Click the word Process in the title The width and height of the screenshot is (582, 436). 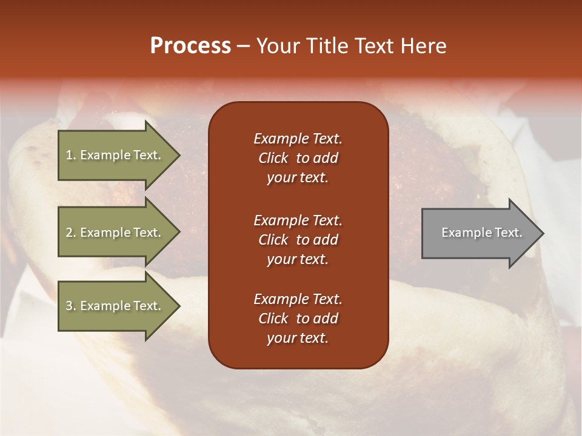pos(190,46)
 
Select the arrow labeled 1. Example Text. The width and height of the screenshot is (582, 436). pos(115,156)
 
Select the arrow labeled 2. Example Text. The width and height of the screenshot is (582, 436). pos(115,233)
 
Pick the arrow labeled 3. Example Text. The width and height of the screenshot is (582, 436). pos(115,306)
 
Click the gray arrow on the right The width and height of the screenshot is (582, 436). pos(479,233)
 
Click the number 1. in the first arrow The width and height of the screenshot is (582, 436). pos(71,156)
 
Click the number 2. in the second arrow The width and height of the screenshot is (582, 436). pos(71,233)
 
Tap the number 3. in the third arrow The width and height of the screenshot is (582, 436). pos(71,306)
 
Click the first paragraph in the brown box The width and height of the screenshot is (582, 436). pos(298,158)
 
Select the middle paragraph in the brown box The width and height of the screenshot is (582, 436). pos(298,240)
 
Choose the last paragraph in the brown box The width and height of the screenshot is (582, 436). pos(298,319)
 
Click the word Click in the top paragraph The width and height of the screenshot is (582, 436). pos(273,158)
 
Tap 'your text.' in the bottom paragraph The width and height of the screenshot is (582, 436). pos(298,338)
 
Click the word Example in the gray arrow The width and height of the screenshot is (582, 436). pos(461,233)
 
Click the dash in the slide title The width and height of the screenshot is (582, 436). pos(243,47)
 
